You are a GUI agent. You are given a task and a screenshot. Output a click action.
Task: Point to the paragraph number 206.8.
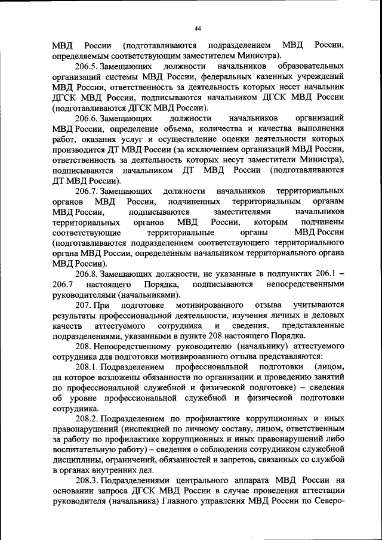(88, 273)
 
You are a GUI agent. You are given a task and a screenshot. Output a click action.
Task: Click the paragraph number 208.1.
(88, 366)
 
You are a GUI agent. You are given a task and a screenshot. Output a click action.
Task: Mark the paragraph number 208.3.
(88, 479)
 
